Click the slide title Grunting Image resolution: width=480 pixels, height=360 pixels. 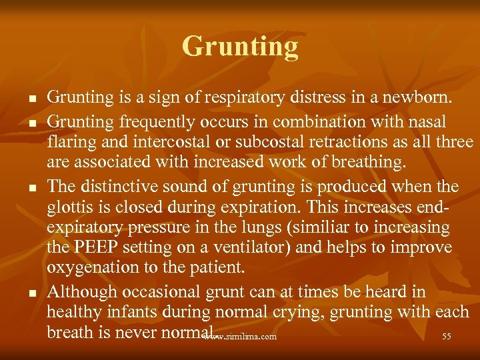tap(240, 47)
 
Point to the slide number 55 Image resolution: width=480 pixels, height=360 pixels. tap(447, 337)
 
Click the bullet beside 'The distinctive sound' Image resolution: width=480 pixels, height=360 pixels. tap(31, 187)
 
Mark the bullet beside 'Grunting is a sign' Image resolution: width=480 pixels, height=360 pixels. tap(31, 99)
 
